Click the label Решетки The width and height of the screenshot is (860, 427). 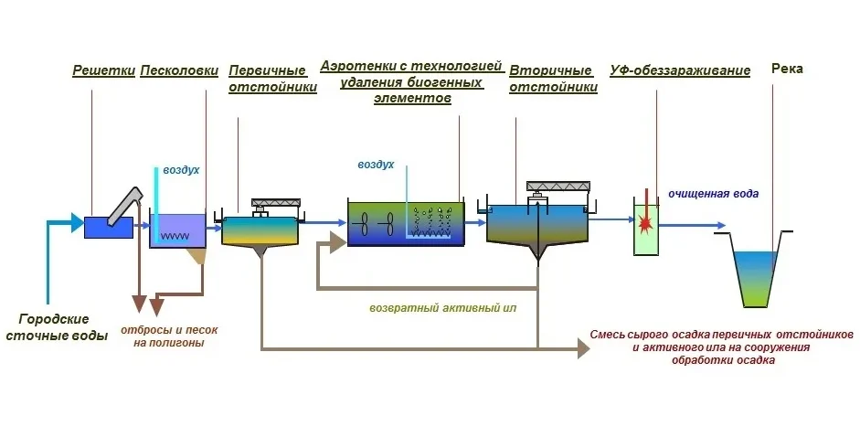point(104,70)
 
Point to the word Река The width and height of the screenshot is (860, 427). point(787,69)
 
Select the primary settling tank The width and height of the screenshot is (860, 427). point(260,230)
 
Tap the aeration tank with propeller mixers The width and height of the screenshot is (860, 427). point(405,223)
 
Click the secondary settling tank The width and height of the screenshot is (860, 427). point(538,226)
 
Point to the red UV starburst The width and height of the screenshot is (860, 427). point(646,219)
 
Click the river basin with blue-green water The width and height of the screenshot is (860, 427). point(758,274)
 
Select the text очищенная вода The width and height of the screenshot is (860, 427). point(713,194)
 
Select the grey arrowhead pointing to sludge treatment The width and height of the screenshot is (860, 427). point(583,347)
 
